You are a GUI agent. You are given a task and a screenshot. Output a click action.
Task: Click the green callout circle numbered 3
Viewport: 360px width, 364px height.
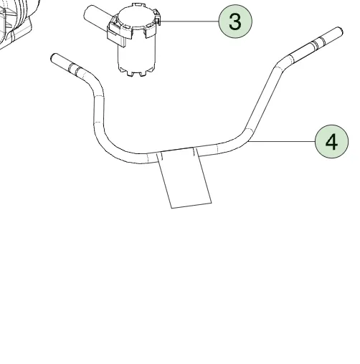pos(235,21)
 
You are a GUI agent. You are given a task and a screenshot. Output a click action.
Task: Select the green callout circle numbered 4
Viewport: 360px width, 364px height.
pos(331,141)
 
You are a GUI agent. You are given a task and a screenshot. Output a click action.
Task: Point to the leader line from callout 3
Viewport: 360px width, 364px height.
pos(189,21)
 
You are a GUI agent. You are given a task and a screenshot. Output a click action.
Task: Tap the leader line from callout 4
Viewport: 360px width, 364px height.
pos(282,141)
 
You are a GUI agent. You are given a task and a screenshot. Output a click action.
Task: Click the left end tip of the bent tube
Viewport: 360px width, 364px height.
pos(52,57)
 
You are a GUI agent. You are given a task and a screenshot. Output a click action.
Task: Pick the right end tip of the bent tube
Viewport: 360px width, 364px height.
pos(341,30)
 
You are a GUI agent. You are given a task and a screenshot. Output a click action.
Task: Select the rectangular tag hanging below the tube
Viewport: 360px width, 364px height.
pos(184,178)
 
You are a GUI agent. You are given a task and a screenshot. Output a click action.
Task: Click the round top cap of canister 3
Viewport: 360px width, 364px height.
pos(136,16)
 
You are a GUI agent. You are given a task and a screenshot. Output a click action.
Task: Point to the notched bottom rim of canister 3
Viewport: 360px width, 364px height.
pos(136,71)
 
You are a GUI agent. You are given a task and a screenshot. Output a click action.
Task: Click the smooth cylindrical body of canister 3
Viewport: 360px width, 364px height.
pos(137,52)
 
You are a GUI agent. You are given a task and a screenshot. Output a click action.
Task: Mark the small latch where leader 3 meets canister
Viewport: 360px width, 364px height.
pos(158,20)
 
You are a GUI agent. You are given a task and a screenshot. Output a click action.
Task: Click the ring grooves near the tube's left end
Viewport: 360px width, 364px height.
pos(75,69)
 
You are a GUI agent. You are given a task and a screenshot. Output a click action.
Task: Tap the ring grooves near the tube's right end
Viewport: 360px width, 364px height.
pos(318,43)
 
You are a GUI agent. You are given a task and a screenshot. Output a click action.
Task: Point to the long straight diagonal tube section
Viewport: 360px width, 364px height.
pos(264,98)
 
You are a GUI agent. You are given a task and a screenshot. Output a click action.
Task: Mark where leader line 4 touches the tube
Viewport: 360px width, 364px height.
pos(248,141)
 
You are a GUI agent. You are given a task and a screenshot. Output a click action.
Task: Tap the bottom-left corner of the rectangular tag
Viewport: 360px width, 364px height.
pos(171,209)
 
